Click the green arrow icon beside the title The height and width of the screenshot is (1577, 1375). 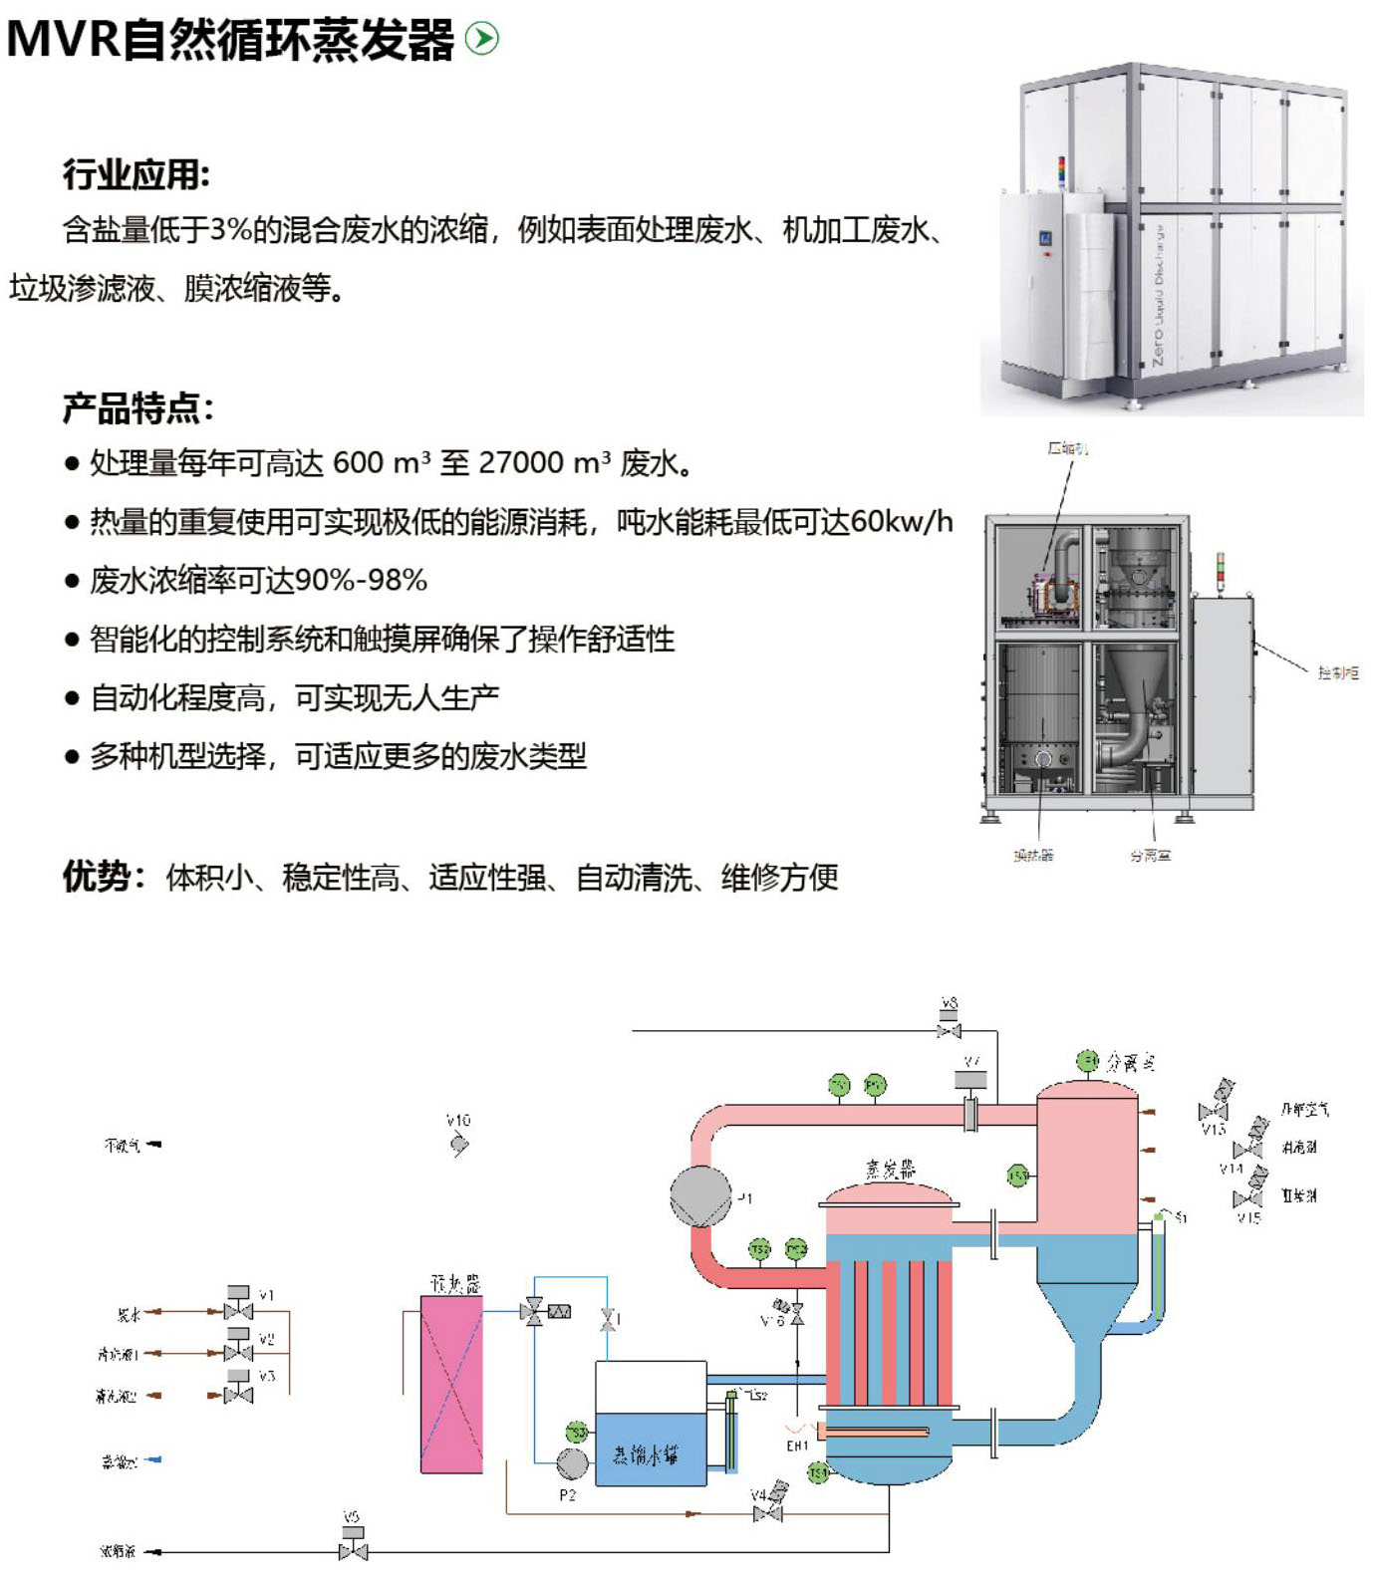click(x=482, y=39)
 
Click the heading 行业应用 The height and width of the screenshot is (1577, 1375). click(x=136, y=175)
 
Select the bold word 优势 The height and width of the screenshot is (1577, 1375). click(x=97, y=877)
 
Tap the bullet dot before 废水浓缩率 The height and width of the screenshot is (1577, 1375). click(x=72, y=581)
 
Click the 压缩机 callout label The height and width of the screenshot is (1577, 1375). click(x=1067, y=448)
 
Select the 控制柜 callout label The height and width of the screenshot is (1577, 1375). click(x=1337, y=673)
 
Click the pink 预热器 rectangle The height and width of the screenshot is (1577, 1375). click(x=451, y=1384)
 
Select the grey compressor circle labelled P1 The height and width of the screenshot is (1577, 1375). click(x=700, y=1195)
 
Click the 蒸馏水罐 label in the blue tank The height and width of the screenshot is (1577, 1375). click(x=646, y=1455)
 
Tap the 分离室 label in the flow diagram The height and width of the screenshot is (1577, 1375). click(x=1131, y=1063)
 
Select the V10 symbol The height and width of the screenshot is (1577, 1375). click(x=458, y=1144)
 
